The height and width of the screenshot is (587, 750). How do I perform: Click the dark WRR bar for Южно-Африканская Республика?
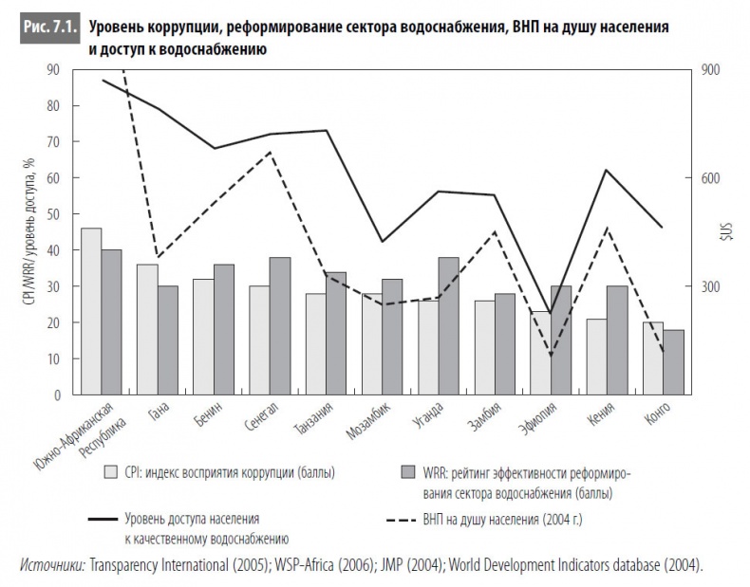click(111, 321)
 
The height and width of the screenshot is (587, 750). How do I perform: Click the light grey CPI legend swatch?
click(110, 471)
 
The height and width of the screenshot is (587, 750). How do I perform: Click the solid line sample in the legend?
click(109, 520)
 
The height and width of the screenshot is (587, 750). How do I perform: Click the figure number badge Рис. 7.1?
click(48, 28)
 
